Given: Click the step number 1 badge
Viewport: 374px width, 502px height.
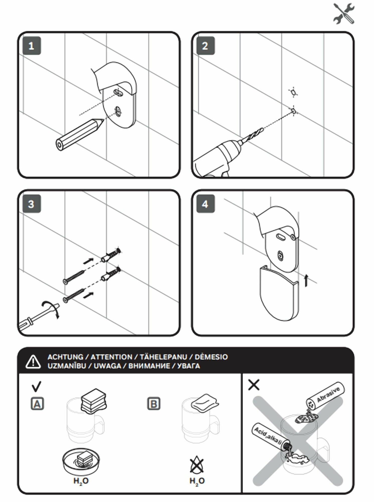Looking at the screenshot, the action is pos(32,46).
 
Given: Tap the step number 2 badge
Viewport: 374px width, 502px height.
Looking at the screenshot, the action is pos(205,46).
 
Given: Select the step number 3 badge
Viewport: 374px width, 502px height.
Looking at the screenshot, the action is pos(32,204).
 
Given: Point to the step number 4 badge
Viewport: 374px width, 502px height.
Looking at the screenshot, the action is pos(205,204).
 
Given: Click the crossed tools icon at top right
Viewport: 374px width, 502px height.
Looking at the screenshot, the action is pos(344,14).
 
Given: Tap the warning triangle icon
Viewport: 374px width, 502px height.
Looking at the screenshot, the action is pos(33,362).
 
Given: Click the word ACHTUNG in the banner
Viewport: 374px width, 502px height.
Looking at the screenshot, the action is pos(65,357).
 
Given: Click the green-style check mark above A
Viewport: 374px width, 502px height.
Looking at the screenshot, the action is pos(36,387).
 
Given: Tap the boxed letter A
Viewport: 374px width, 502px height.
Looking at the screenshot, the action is pos(37,404).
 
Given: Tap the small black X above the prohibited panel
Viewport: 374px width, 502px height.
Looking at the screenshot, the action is pos(254,385).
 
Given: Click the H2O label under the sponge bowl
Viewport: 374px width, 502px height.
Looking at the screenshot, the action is pos(81,481).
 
